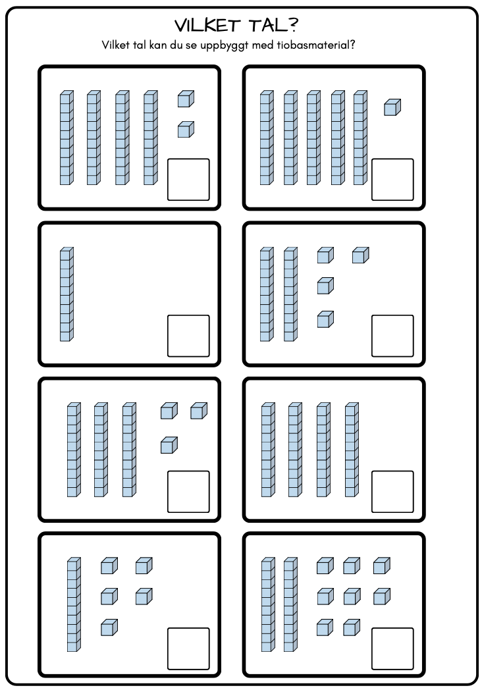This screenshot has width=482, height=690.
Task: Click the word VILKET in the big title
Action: tap(207, 26)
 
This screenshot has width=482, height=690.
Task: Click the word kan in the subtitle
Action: tap(158, 45)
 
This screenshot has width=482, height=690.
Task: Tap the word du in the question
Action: tap(176, 45)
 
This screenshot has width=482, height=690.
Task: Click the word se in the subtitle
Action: tap(191, 46)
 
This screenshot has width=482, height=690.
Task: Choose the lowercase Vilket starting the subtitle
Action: tap(115, 45)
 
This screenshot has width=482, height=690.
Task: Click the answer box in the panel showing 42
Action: tap(188, 180)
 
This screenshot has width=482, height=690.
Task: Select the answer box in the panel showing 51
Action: tap(392, 180)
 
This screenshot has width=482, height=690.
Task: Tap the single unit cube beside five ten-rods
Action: tap(392, 107)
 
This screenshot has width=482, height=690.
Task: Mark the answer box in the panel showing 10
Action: tap(188, 336)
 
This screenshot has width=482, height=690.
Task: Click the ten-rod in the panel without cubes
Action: tap(67, 294)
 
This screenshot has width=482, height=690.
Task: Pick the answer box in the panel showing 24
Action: tap(392, 336)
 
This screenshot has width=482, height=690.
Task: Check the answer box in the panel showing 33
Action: tap(188, 492)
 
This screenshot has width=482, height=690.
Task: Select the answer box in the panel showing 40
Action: tap(392, 492)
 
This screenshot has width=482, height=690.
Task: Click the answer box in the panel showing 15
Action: tap(188, 649)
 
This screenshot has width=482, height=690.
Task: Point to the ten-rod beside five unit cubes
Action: tap(74, 604)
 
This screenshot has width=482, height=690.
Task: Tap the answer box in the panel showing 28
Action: tap(392, 649)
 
